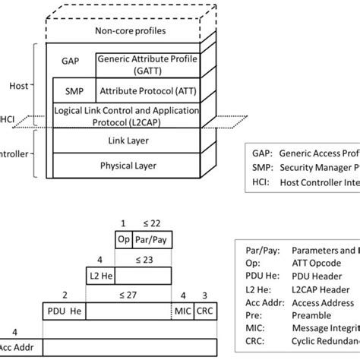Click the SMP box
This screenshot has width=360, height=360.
coord(73,90)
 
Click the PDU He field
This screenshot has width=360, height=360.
coord(64,311)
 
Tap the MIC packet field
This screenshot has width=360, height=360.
coord(182,311)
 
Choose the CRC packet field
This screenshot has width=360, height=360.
coord(205,311)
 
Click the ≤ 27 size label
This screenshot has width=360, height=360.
coord(128,293)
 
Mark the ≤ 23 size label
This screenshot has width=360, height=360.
coord(144,260)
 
